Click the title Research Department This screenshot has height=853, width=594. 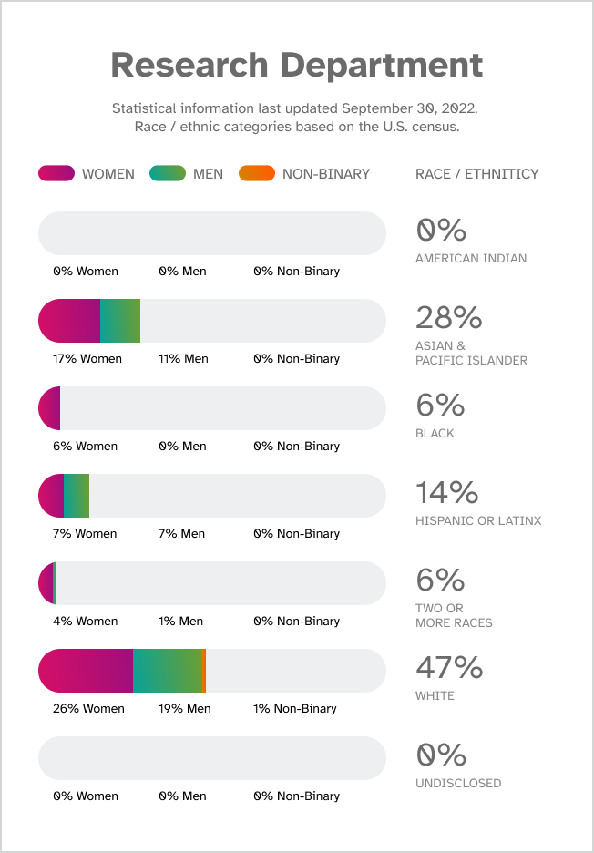(296, 66)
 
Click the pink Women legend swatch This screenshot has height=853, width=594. (56, 173)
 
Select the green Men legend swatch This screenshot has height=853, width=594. (168, 173)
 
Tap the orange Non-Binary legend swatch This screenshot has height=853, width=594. (256, 173)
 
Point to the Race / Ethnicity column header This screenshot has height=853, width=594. (476, 174)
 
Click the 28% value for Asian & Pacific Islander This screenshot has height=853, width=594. (448, 317)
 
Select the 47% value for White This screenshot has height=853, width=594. (448, 667)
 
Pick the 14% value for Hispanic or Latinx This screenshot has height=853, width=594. (446, 492)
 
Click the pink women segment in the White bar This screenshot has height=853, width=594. (86, 671)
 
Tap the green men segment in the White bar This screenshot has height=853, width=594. (167, 671)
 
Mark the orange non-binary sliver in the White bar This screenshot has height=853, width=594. (204, 671)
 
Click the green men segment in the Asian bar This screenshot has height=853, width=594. (119, 321)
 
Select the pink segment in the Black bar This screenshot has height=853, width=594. (50, 408)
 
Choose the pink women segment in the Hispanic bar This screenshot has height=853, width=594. (52, 496)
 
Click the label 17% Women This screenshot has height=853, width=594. (87, 359)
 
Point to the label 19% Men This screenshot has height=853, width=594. (184, 709)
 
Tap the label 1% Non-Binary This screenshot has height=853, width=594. (294, 709)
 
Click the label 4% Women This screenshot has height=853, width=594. (85, 622)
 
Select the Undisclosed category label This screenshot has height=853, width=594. (457, 783)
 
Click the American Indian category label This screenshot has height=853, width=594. (470, 258)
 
